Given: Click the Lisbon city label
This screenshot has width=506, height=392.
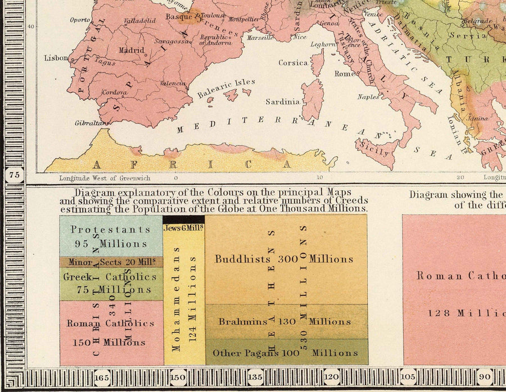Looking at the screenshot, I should click(56, 57).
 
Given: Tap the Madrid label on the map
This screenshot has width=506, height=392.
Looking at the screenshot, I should click(131, 50).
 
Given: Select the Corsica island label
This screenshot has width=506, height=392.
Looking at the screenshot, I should click(293, 63).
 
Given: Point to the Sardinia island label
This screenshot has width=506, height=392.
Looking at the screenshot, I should click(282, 102).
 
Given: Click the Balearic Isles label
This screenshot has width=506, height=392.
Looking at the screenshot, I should click(226, 89).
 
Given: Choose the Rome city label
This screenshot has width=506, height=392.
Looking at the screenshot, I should click(344, 74).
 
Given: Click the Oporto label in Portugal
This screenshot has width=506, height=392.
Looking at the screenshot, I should click(80, 20).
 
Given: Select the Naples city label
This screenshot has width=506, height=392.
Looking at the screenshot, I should click(368, 97).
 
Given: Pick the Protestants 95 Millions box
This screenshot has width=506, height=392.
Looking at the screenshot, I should click(111, 236).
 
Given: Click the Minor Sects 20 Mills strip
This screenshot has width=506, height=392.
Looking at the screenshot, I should click(111, 262).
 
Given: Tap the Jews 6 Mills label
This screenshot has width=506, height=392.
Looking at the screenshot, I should click(184, 228).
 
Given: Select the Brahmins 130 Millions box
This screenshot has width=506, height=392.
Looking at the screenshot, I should click(286, 322).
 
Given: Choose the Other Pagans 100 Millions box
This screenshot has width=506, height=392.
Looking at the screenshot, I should click(286, 353).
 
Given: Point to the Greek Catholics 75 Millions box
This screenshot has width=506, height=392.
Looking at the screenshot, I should click(111, 283).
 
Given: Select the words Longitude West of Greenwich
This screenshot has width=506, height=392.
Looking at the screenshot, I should click(105, 178).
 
